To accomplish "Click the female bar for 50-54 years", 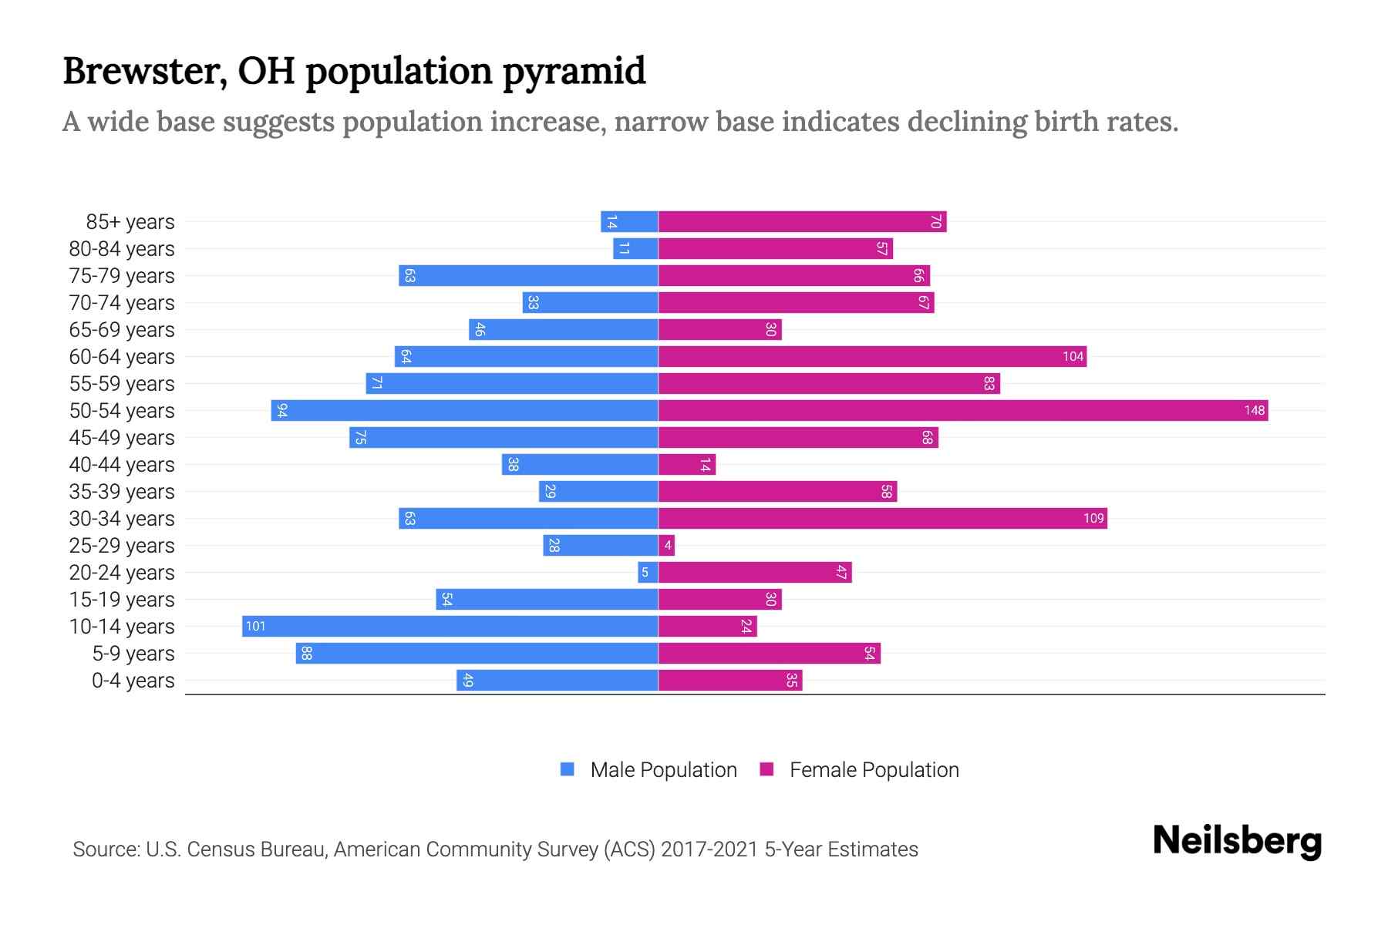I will (x=962, y=410).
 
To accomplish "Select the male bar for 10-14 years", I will (x=450, y=626).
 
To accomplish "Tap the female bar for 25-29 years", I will (x=667, y=545).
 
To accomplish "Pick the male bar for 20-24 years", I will (x=648, y=572).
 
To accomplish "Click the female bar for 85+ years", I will (x=802, y=221).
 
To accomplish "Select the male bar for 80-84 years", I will (x=635, y=248).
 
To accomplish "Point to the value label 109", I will (x=1093, y=518).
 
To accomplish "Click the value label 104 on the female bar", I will (x=1073, y=356).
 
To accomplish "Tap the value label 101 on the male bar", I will (x=255, y=626).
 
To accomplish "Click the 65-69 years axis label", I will (x=122, y=329).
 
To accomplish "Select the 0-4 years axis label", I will (x=133, y=680).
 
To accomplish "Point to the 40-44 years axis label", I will (x=122, y=464).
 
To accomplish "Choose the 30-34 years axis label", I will (x=122, y=518).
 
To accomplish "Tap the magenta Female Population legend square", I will (x=766, y=769).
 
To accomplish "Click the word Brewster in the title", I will (x=145, y=71).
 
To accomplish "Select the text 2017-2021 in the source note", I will (x=709, y=849).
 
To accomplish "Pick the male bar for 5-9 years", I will (x=477, y=653).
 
